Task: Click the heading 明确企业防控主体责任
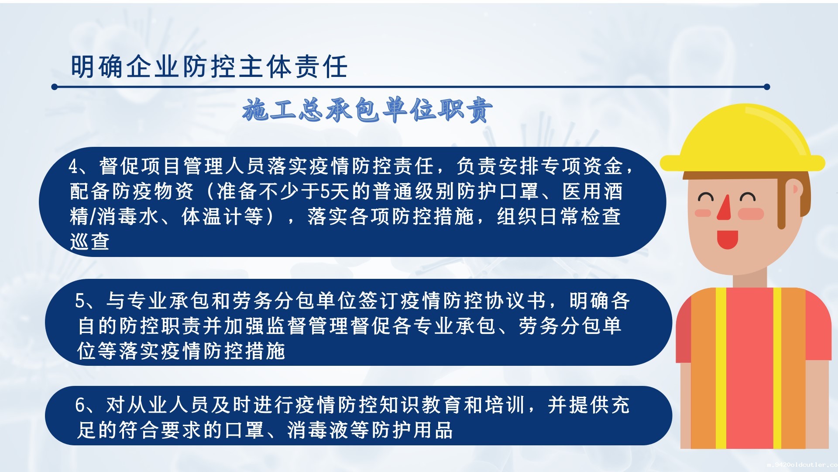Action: coord(209,67)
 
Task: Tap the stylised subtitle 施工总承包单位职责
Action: coord(368,110)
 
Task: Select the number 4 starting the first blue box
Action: coord(73,166)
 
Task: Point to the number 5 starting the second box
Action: coord(80,301)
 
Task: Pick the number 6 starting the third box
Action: coord(80,405)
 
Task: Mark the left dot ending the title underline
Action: coord(55,87)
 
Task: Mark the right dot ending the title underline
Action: coord(767,87)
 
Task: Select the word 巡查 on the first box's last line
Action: coord(89,241)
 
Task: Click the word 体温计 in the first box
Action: coord(212,216)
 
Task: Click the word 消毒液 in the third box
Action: coord(318,430)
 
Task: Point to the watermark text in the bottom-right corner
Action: coord(802,465)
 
